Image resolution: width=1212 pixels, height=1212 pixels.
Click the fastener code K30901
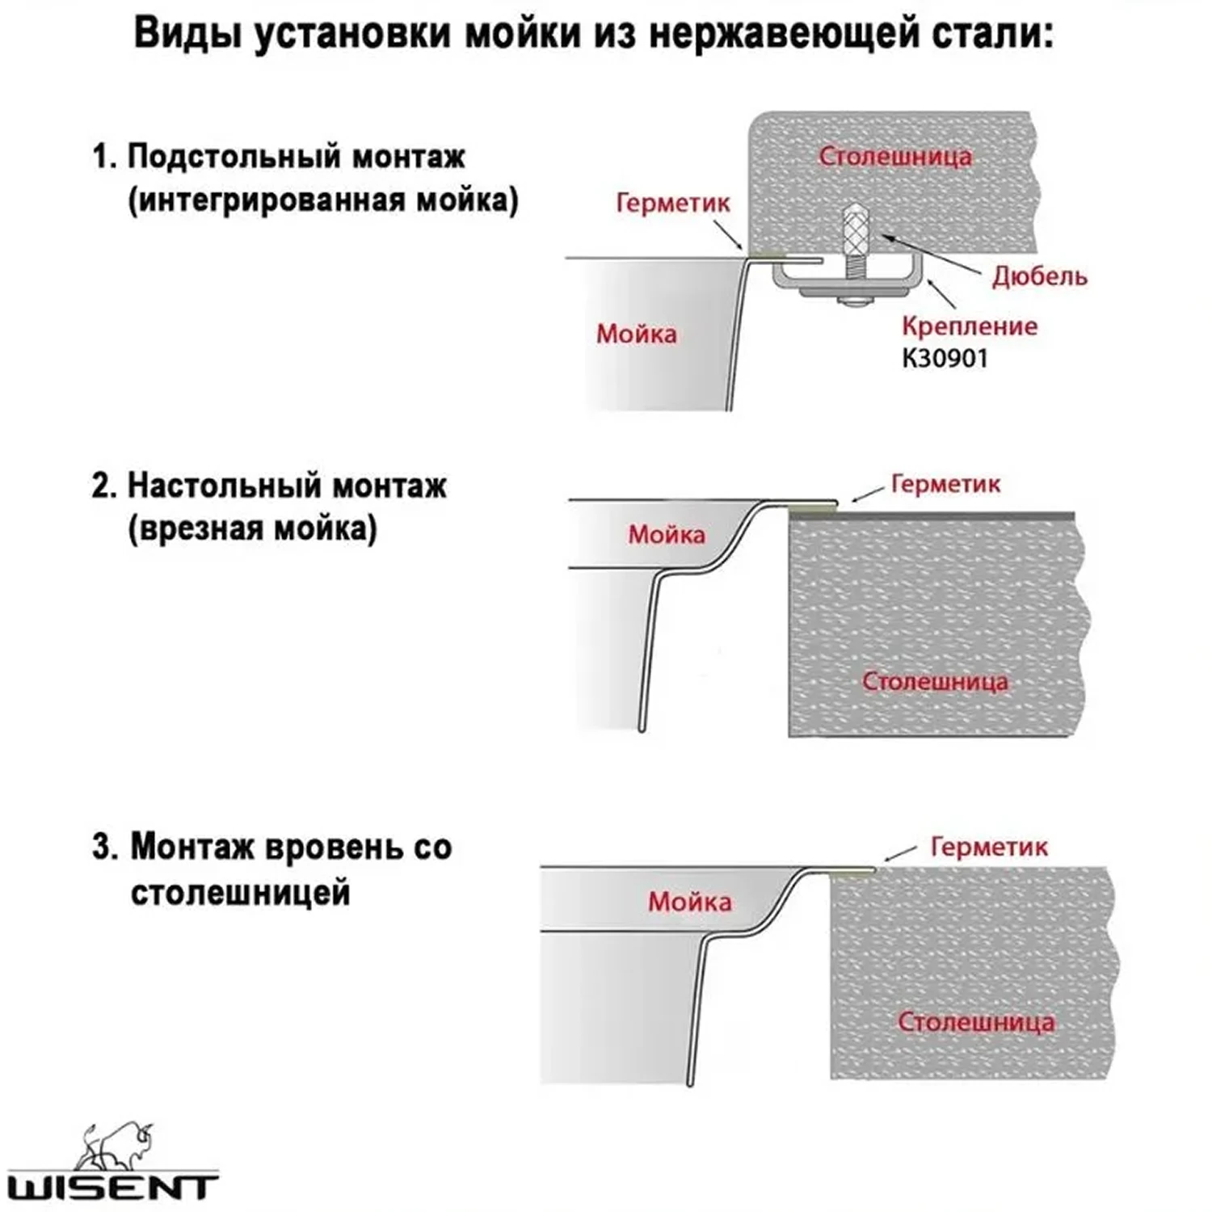(945, 358)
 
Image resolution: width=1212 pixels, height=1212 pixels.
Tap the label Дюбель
(1039, 276)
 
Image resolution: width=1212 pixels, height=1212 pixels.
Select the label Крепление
(969, 326)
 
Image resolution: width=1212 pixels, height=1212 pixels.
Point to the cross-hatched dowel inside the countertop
(856, 228)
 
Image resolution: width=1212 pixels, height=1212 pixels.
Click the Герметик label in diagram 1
(672, 202)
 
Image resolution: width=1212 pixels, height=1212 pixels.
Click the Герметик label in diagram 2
(945, 484)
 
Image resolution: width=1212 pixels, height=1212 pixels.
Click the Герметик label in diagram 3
(988, 847)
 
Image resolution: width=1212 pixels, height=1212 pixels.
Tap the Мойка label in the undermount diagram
(637, 334)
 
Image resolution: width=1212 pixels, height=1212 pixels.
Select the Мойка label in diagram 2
(667, 534)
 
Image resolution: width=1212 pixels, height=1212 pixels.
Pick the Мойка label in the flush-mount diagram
(689, 902)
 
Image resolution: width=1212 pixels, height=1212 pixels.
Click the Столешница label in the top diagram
(894, 156)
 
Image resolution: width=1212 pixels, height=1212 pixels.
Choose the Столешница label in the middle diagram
(935, 681)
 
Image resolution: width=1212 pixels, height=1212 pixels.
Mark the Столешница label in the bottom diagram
(975, 1022)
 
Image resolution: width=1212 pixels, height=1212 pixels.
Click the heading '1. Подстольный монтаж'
(280, 156)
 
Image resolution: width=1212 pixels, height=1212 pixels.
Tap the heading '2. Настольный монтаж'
(270, 486)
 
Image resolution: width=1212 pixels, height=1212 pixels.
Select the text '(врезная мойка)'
(252, 529)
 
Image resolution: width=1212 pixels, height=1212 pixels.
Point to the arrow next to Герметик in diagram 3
(899, 855)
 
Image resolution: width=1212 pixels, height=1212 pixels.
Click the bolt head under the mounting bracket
(854, 302)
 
